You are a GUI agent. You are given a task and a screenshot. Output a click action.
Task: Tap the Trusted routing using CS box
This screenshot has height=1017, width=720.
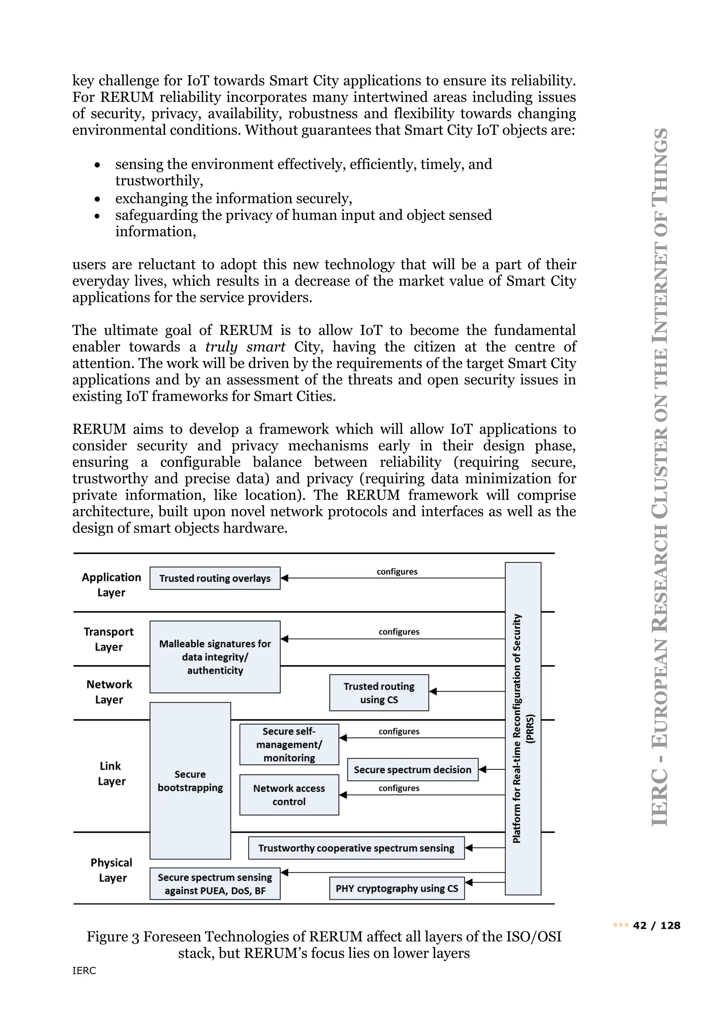coord(379,693)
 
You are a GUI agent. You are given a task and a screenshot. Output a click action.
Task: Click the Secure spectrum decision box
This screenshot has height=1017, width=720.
coord(412,769)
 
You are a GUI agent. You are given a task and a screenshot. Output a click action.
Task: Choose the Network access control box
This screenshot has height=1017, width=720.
coord(289,795)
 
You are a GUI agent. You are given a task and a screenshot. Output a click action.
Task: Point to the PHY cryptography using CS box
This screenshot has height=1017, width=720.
coord(397,888)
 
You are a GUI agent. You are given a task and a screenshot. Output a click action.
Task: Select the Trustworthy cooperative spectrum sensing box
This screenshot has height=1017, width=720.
coord(356,848)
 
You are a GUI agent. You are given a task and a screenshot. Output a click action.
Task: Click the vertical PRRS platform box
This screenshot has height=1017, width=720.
coord(523,729)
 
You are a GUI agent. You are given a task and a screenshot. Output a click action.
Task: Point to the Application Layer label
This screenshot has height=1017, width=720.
coord(111,585)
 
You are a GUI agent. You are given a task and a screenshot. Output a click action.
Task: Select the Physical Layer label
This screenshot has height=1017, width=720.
coord(112,870)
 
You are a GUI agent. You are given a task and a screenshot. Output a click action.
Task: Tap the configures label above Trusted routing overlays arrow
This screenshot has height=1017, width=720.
coord(397,571)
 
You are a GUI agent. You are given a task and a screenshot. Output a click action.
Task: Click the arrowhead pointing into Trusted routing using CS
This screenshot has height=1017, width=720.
coord(433,691)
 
